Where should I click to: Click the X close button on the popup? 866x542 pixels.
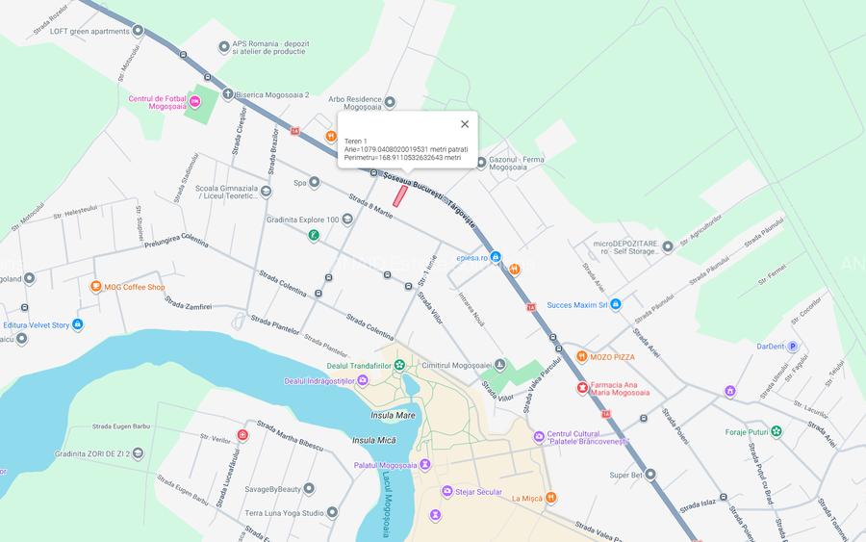point(465,124)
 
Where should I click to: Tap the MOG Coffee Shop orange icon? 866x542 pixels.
point(95,287)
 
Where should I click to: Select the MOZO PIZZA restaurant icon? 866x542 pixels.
point(581,357)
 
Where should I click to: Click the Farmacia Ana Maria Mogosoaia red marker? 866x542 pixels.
point(581,388)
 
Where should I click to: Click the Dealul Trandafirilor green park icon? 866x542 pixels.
point(399,366)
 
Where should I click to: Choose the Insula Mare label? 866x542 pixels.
point(393,416)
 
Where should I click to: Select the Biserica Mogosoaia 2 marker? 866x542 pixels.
point(228,94)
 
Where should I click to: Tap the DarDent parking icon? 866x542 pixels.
point(793,347)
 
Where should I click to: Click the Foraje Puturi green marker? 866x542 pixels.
point(777,431)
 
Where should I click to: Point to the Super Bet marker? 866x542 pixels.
point(650,475)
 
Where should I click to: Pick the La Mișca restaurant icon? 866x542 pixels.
point(550,498)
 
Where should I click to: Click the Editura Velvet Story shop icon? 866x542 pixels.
point(77,325)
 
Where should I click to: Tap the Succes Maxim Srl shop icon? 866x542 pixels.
point(616,305)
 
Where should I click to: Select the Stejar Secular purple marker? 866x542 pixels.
point(447,492)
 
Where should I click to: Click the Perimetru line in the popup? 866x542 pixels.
point(403,158)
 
